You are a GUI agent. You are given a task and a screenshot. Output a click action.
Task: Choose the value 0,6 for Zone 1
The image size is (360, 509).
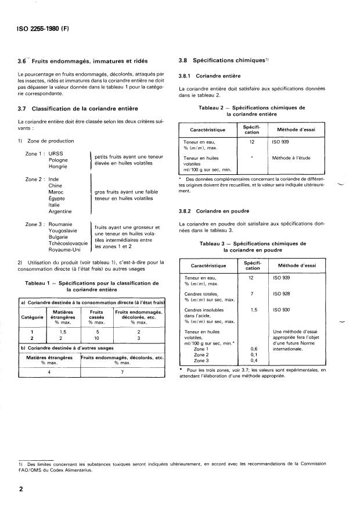point(252,349)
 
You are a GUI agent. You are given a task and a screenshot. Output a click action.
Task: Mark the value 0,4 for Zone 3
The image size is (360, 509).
point(252,361)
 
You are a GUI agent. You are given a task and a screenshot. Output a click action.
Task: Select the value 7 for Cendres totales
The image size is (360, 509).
point(252,295)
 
